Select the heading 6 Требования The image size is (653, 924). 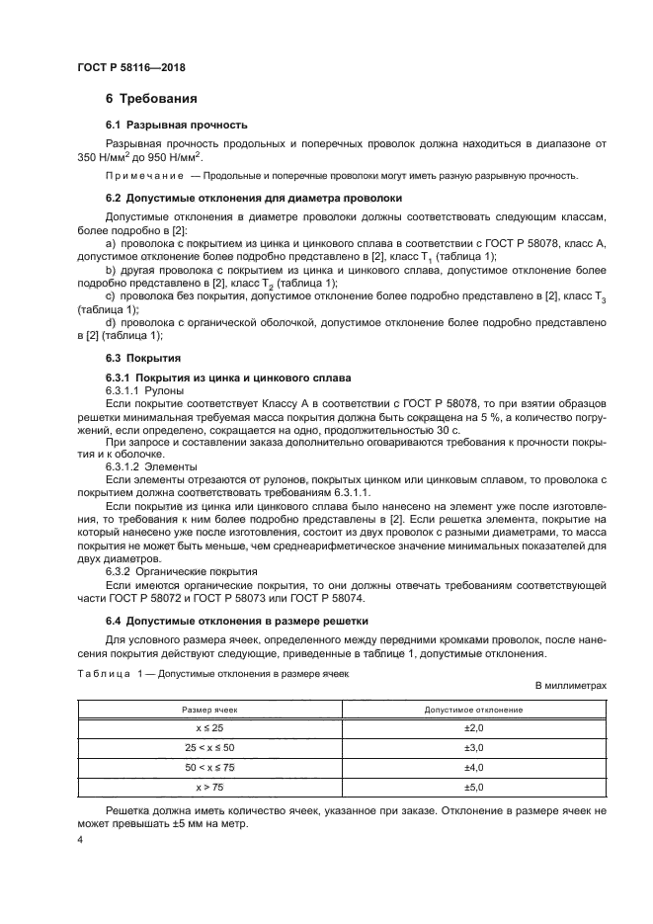pyautogui.click(x=151, y=100)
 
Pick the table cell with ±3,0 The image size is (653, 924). pyautogui.click(x=473, y=748)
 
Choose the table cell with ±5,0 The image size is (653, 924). pyautogui.click(x=473, y=787)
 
